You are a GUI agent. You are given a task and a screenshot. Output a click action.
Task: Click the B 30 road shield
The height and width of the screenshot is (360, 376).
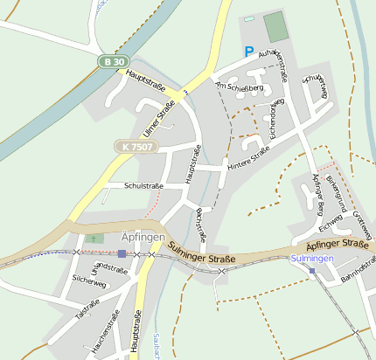click(x=109, y=63)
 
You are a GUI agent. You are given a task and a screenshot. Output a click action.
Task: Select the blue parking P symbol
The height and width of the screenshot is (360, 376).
click(x=249, y=52)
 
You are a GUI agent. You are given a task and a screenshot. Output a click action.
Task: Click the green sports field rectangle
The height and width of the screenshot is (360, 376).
click(x=276, y=27)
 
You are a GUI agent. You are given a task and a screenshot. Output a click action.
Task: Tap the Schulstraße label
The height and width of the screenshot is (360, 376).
click(x=144, y=185)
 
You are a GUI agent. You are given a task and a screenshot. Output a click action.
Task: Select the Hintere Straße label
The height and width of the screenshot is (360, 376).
click(x=248, y=156)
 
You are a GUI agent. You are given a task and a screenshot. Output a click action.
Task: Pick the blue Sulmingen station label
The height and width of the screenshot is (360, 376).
click(x=312, y=259)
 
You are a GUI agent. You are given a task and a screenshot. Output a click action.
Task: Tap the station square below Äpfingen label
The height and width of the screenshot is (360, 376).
click(x=122, y=253)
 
